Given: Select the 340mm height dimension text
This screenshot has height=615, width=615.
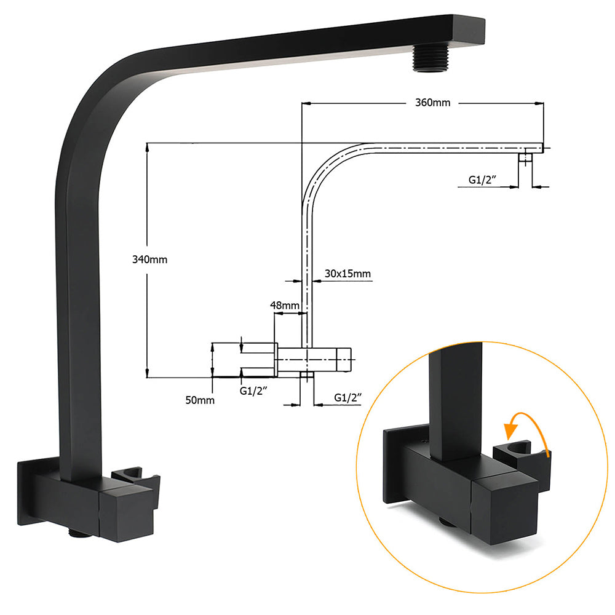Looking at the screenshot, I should point(150,260).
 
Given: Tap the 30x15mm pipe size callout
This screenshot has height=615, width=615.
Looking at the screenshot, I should point(348,274).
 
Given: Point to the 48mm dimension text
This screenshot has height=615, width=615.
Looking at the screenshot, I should point(285,305).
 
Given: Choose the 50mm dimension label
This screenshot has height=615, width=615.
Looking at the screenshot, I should point(200,400).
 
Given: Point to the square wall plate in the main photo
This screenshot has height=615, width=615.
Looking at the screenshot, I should point(28,492).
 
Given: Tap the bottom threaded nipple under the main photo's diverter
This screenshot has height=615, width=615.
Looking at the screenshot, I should point(79,534).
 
